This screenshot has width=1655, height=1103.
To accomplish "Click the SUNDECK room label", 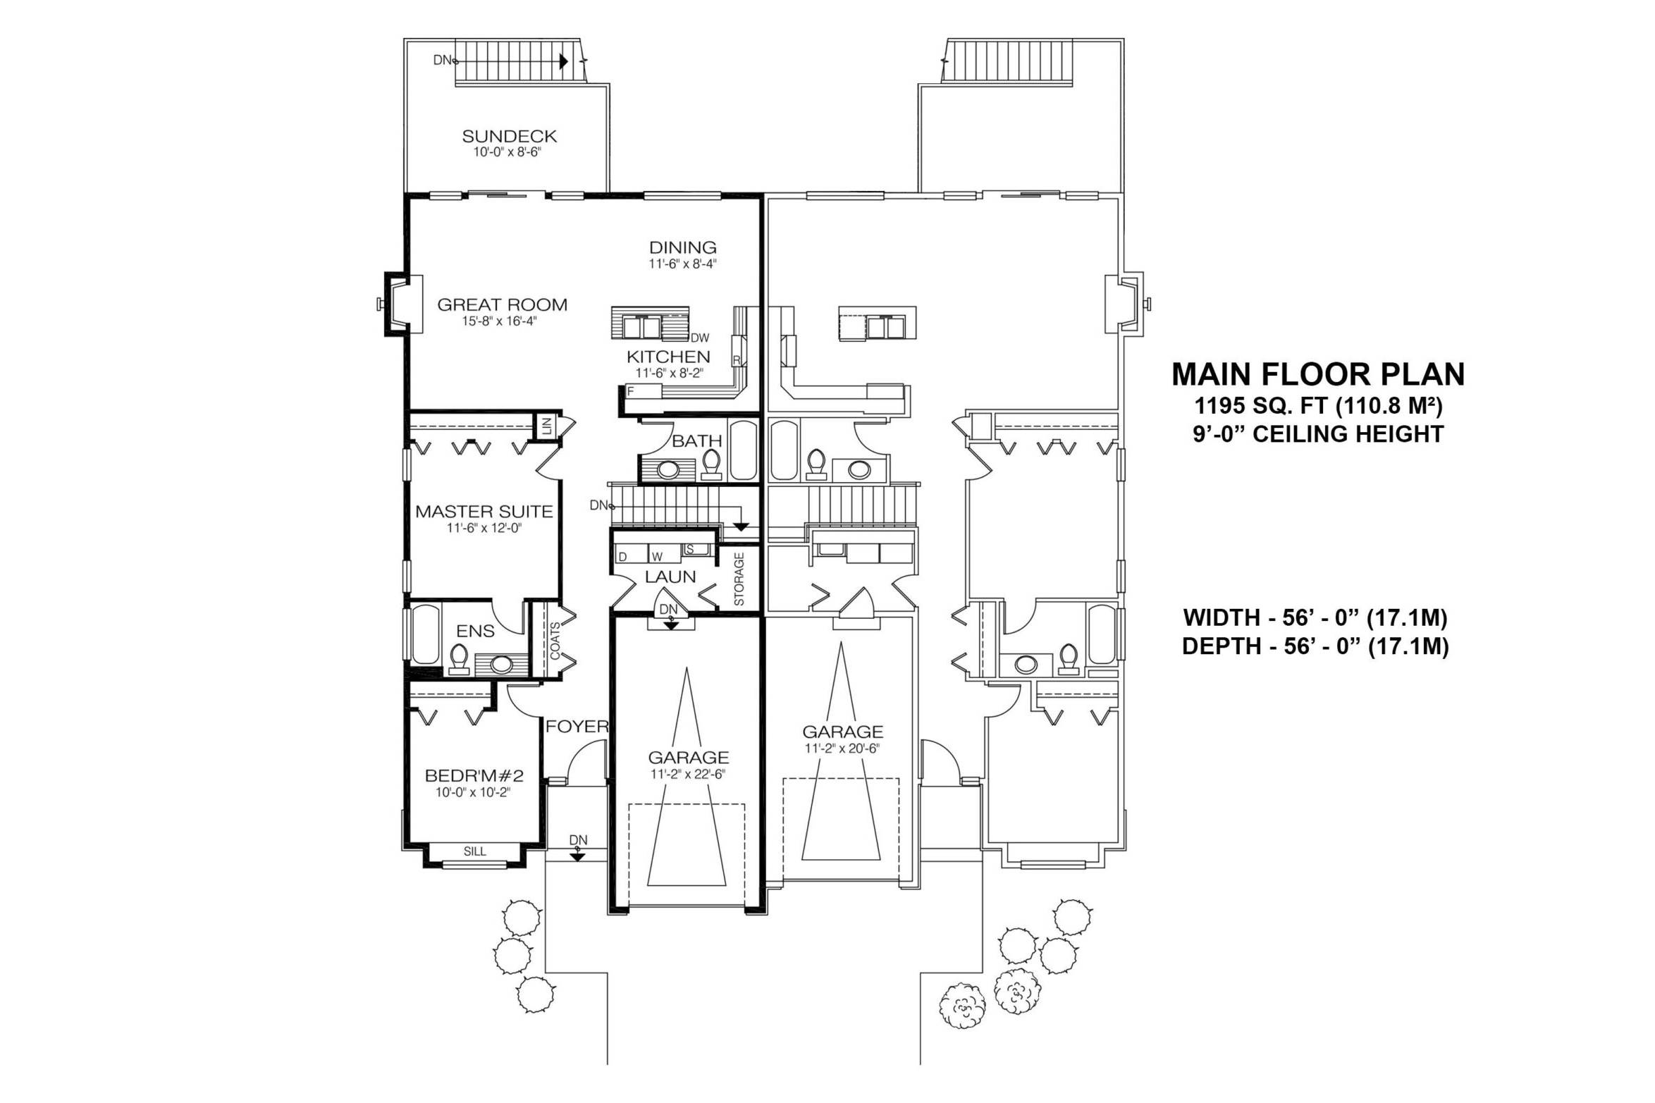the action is pyautogui.click(x=509, y=136).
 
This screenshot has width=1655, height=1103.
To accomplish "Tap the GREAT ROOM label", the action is pyautogui.click(x=502, y=305).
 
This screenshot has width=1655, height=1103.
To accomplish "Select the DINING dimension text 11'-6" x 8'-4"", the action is pyautogui.click(x=683, y=264).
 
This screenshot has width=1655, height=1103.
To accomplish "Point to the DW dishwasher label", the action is pyautogui.click(x=700, y=338).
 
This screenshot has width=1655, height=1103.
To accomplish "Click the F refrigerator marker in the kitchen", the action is pyautogui.click(x=631, y=390).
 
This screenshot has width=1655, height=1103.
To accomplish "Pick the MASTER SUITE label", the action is pyautogui.click(x=484, y=512).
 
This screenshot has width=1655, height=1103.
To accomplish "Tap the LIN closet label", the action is pyautogui.click(x=546, y=426).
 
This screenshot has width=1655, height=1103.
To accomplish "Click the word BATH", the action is pyautogui.click(x=696, y=441).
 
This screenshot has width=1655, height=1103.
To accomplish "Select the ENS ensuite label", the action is pyautogui.click(x=475, y=631).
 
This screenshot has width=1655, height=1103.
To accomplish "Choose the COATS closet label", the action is pyautogui.click(x=555, y=641).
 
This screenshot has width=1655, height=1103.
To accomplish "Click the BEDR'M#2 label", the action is pyautogui.click(x=474, y=776).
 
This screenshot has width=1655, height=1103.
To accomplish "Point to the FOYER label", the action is pyautogui.click(x=577, y=727).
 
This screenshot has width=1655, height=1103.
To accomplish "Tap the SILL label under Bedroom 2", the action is pyautogui.click(x=475, y=851).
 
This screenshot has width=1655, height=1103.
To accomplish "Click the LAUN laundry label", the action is pyautogui.click(x=670, y=577).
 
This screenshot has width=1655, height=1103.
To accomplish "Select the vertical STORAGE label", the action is pyautogui.click(x=739, y=579).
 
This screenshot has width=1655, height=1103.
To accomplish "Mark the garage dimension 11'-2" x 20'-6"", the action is pyautogui.click(x=842, y=748).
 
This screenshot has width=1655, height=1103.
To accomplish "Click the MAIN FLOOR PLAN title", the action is pyautogui.click(x=1318, y=374).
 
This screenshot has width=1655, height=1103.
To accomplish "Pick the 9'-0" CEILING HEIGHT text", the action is pyautogui.click(x=1318, y=433).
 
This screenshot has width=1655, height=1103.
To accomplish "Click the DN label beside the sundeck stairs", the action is pyautogui.click(x=442, y=61).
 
